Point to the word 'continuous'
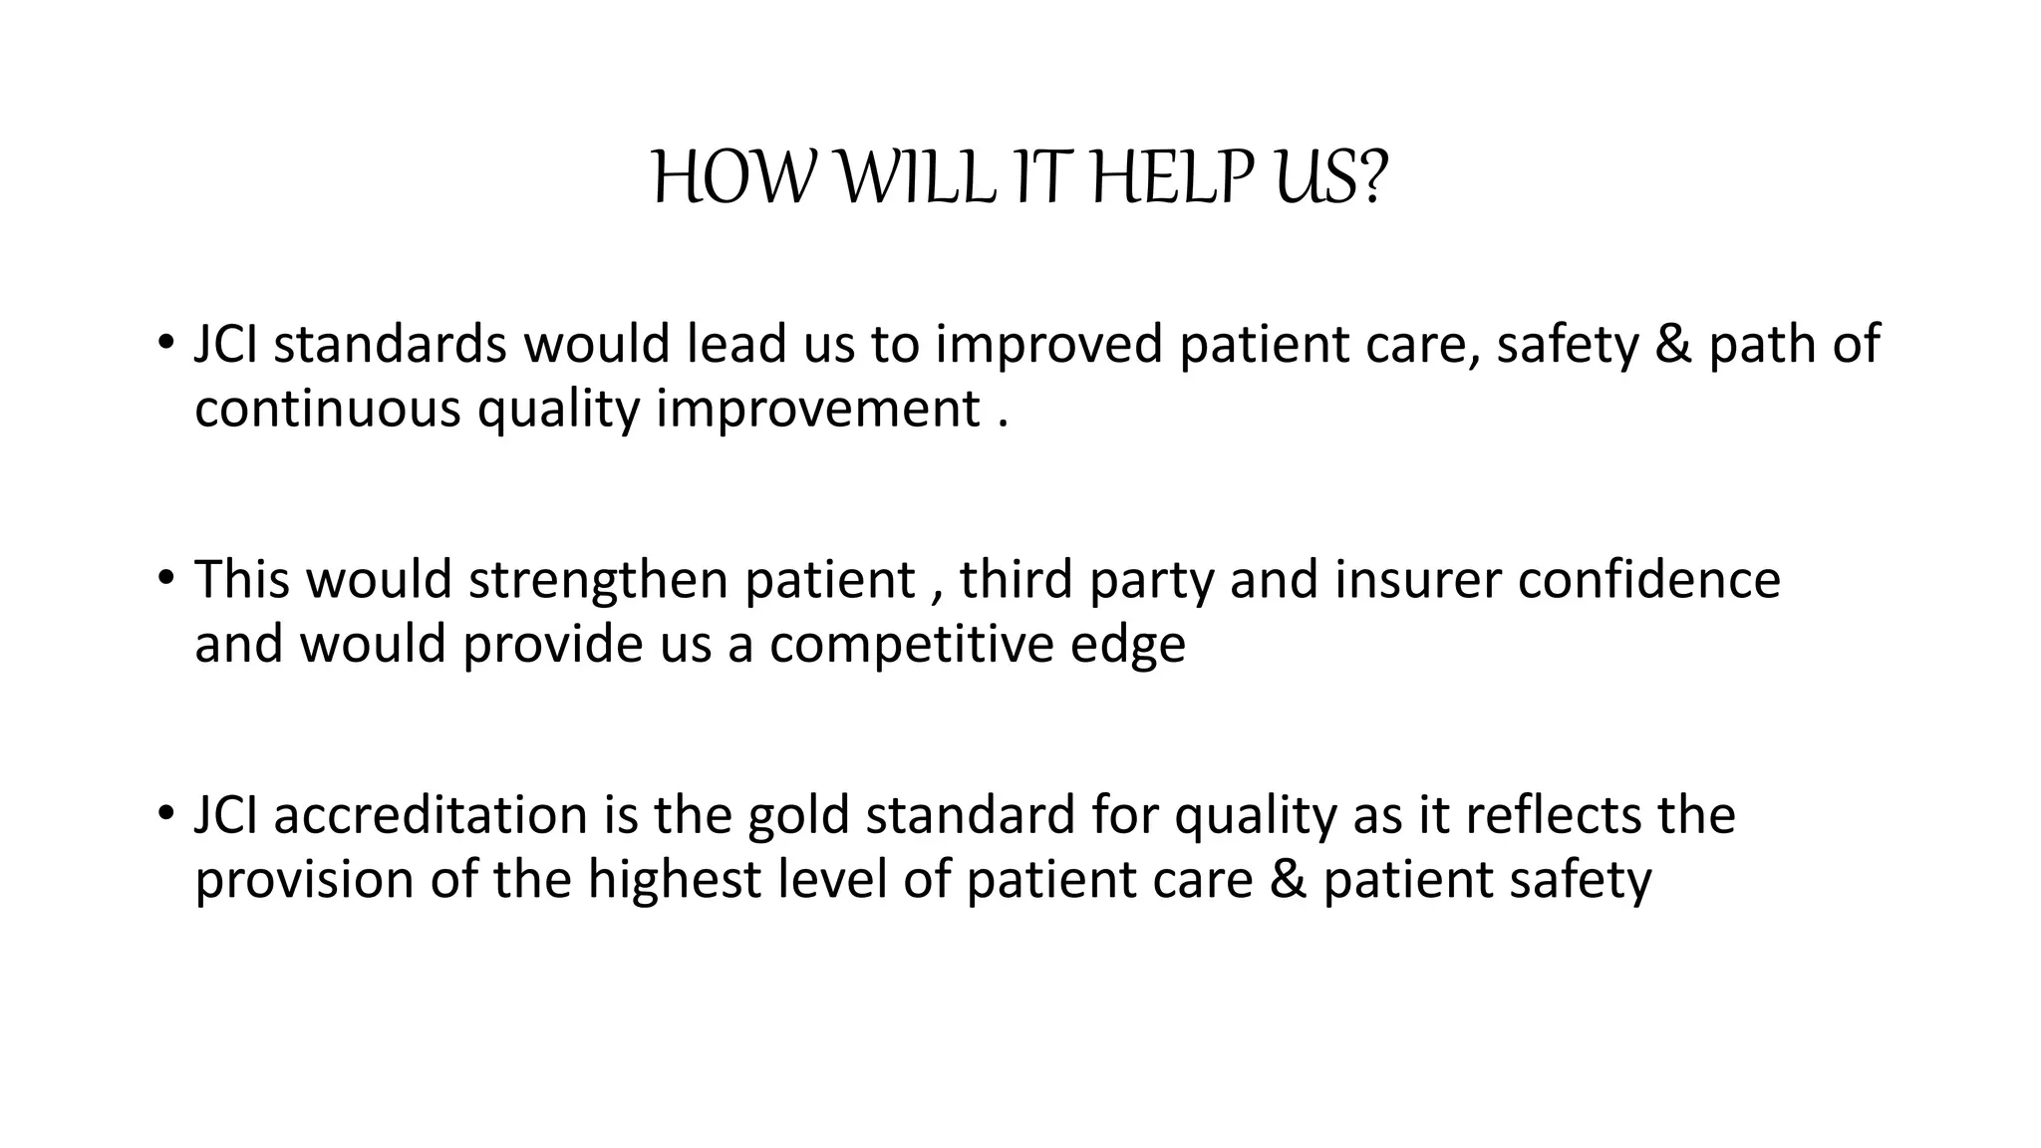(327, 409)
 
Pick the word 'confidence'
(1648, 579)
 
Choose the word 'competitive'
(911, 645)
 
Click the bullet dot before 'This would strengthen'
(165, 577)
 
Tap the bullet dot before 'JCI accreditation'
(165, 812)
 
